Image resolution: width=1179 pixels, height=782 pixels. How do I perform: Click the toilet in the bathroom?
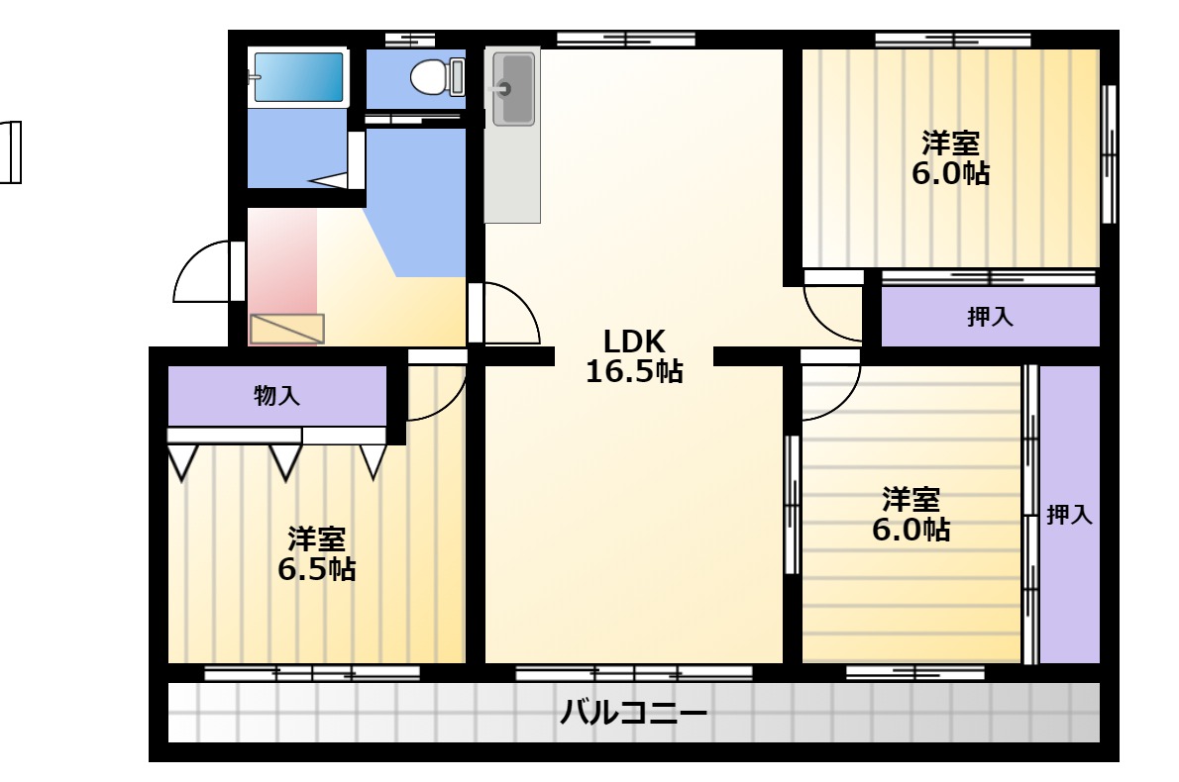click(437, 77)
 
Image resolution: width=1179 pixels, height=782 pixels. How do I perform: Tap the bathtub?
click(298, 76)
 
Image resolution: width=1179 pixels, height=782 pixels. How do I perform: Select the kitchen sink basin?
click(513, 89)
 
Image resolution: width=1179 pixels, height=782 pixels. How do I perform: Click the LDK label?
click(634, 342)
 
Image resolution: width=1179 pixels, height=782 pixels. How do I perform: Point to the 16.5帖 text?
click(634, 371)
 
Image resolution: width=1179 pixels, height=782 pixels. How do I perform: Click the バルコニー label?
click(633, 712)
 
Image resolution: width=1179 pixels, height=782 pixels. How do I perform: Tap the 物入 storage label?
click(276, 395)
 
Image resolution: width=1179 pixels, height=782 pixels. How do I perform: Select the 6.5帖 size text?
click(317, 569)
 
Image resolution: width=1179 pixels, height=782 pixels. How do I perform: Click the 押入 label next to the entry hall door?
click(990, 317)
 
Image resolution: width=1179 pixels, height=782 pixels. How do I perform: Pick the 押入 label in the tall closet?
click(1069, 515)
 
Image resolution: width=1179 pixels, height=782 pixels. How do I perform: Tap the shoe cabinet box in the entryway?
click(286, 329)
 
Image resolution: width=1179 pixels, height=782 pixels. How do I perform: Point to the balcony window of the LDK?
click(634, 672)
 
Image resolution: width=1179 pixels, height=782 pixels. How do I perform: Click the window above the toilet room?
click(410, 40)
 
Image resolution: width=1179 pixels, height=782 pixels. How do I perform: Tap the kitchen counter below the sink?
click(512, 174)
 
